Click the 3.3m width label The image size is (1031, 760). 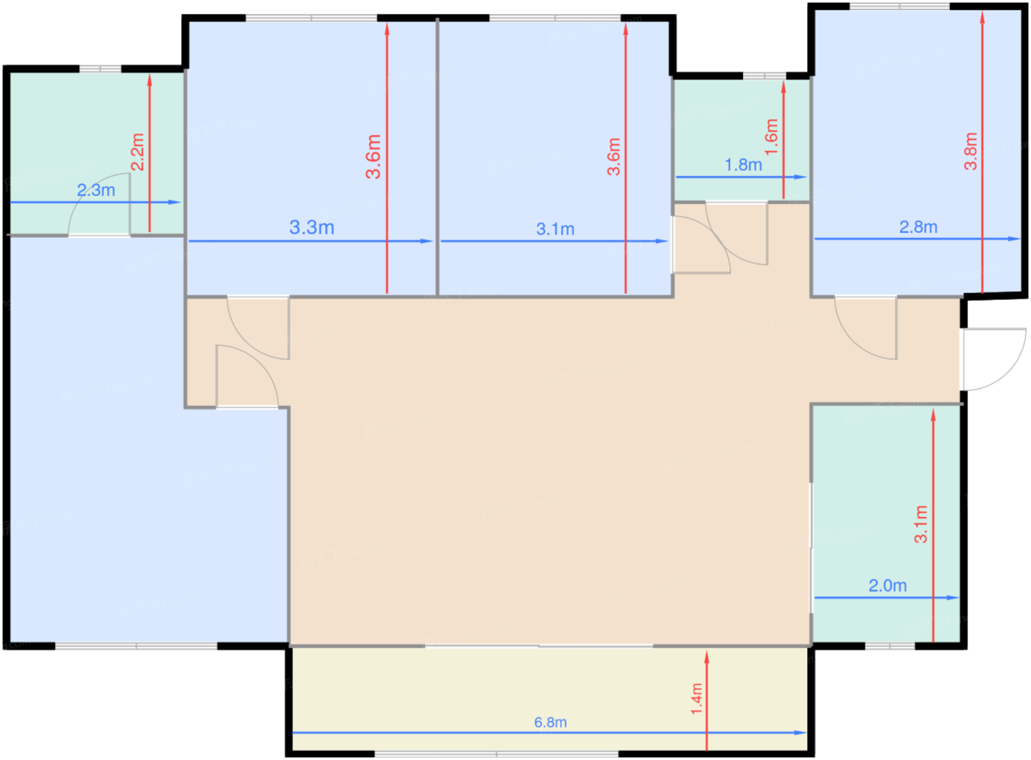[x=312, y=228]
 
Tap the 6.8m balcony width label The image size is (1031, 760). [x=550, y=722]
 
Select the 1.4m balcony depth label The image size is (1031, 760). [x=697, y=699]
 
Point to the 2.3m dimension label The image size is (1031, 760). [x=96, y=190]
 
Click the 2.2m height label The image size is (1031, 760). [x=138, y=152]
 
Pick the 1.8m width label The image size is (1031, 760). [x=743, y=165]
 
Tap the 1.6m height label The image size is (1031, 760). [x=771, y=136]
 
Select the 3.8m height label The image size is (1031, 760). [x=971, y=151]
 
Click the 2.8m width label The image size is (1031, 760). [x=918, y=227]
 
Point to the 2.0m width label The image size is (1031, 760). [x=887, y=585]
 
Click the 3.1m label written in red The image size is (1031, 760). [x=921, y=524]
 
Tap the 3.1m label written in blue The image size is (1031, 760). [x=555, y=229]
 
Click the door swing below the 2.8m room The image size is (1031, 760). [x=866, y=328]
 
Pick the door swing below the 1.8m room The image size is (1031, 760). [x=736, y=233]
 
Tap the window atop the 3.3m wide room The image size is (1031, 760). [x=312, y=18]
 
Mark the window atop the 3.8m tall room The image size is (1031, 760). [x=899, y=7]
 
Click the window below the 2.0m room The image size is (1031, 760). [x=890, y=647]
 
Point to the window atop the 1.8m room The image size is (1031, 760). [x=764, y=76]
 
